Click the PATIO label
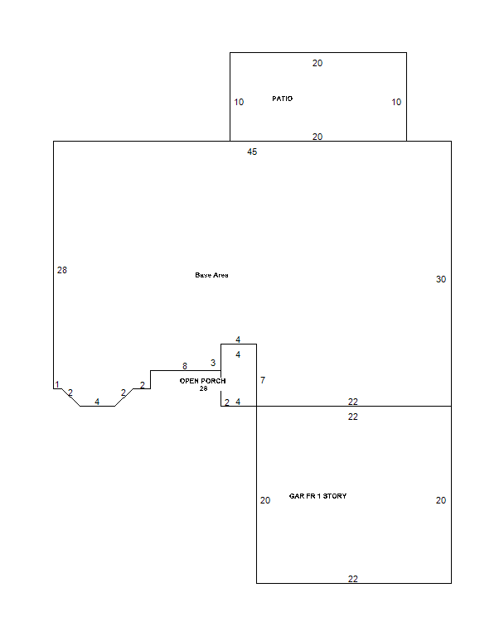point(282,99)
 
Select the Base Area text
point(211,275)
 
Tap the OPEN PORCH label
point(202,381)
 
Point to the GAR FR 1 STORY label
point(318,496)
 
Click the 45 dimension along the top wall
point(252,152)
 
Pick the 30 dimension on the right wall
point(441,279)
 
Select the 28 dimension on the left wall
point(62,270)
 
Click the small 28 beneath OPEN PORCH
point(203,388)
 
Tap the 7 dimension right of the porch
point(263,380)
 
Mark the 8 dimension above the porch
point(185,366)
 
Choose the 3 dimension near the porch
point(213,363)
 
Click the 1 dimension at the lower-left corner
point(57,384)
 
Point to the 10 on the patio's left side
point(239,102)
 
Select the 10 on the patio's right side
point(396,102)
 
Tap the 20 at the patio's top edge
point(317,63)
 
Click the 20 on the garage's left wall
point(265,500)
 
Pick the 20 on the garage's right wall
point(441,500)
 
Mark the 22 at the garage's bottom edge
point(353,579)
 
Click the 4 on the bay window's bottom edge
point(97,402)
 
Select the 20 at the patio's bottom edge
point(317,137)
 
